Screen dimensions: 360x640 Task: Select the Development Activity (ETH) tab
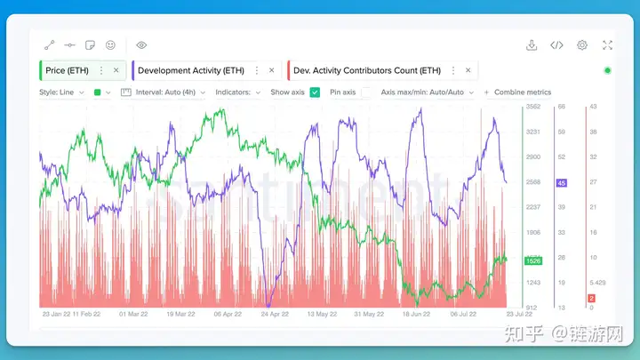190,70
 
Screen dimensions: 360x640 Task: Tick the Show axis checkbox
315,92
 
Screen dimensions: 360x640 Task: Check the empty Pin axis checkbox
366,92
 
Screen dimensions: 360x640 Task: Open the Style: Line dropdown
61,92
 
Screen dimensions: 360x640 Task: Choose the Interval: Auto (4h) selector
165,92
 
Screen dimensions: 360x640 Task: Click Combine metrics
517,92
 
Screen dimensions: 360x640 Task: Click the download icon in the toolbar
532,45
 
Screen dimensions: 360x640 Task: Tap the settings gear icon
582,45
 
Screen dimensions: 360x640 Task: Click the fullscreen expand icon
608,45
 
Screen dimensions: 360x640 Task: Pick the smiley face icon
110,45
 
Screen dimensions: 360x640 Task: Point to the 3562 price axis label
533,108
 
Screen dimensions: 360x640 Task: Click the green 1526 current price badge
533,260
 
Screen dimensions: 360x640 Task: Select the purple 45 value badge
561,183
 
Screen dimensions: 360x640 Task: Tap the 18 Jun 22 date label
418,314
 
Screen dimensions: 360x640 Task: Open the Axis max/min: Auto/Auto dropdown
426,92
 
